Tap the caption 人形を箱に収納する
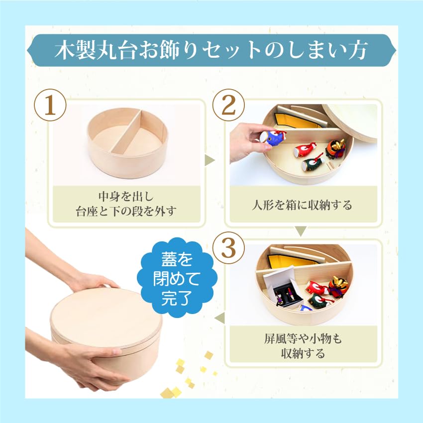[302, 205]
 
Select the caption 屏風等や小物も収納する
[302, 346]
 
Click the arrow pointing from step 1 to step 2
[210, 160]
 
